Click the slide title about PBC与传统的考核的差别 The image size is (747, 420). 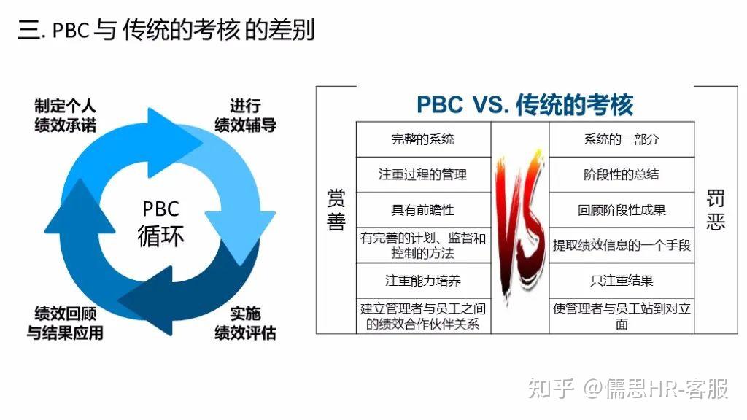[166, 31]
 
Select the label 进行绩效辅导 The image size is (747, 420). [245, 115]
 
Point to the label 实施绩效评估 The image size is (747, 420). [245, 323]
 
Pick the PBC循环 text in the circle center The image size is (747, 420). [160, 222]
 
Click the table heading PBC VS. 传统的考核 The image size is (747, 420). [525, 104]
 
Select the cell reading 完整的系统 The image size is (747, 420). [422, 139]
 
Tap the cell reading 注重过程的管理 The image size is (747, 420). [422, 175]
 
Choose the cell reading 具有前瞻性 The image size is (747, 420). [422, 210]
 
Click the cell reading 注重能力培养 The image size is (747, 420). [422, 281]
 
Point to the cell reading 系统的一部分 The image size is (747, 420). [621, 139]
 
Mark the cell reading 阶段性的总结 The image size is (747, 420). [621, 175]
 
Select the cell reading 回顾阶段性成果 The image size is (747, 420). [622, 210]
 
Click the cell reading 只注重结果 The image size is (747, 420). [622, 281]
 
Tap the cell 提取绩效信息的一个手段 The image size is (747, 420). [622, 246]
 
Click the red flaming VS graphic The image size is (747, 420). [519, 219]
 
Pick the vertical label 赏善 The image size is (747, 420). [336, 211]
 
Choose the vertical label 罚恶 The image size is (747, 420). [716, 211]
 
